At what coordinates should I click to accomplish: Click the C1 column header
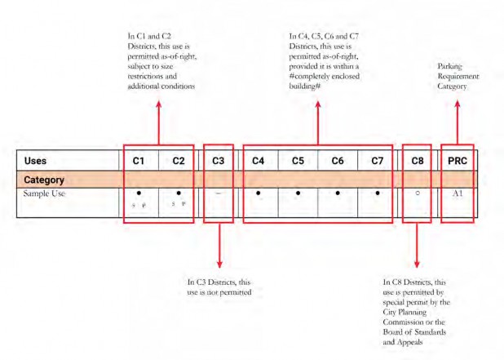[139, 161]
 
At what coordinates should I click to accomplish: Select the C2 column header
[179, 161]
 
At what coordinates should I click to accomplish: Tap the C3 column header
[218, 161]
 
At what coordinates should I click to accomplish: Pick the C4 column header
[258, 161]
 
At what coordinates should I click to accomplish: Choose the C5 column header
[298, 161]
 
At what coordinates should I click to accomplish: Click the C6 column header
[337, 161]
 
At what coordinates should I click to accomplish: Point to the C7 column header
[377, 161]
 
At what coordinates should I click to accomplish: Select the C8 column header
[417, 161]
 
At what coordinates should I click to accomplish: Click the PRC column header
[457, 161]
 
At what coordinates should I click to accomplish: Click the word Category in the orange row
[44, 178]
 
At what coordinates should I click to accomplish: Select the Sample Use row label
[46, 193]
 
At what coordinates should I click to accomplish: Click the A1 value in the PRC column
[457, 193]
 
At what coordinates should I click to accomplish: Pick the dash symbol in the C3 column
[218, 194]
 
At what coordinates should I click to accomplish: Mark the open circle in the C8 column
[417, 194]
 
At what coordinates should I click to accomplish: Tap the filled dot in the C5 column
[298, 194]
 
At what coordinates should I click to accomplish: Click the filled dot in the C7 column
[377, 194]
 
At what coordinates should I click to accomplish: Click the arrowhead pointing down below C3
[219, 264]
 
